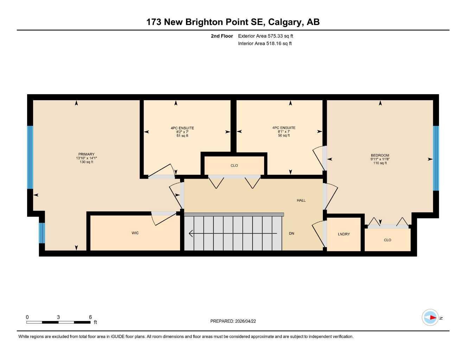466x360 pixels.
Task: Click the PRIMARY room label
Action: [x=86, y=154]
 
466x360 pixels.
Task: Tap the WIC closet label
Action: [x=135, y=233]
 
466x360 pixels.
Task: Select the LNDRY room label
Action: [x=344, y=234]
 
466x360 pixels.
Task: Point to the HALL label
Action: [x=301, y=200]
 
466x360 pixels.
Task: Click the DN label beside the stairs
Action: [x=292, y=233]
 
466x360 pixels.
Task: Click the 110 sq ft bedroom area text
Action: [x=380, y=163]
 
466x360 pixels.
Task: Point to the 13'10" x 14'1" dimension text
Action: [x=86, y=158]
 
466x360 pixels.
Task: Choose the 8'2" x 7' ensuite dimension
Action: [x=182, y=132]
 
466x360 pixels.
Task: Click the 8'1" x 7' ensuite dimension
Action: [x=283, y=131]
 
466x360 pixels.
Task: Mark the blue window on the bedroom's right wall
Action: [x=436, y=158]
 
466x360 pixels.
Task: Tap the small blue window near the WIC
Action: [x=42, y=233]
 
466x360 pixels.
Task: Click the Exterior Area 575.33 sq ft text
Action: [x=266, y=36]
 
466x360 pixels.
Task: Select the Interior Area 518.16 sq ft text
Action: [x=265, y=44]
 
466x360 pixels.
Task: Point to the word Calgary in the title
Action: [x=284, y=22]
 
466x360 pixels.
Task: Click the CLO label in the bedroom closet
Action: [x=387, y=240]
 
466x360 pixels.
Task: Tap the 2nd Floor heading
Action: [x=222, y=36]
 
